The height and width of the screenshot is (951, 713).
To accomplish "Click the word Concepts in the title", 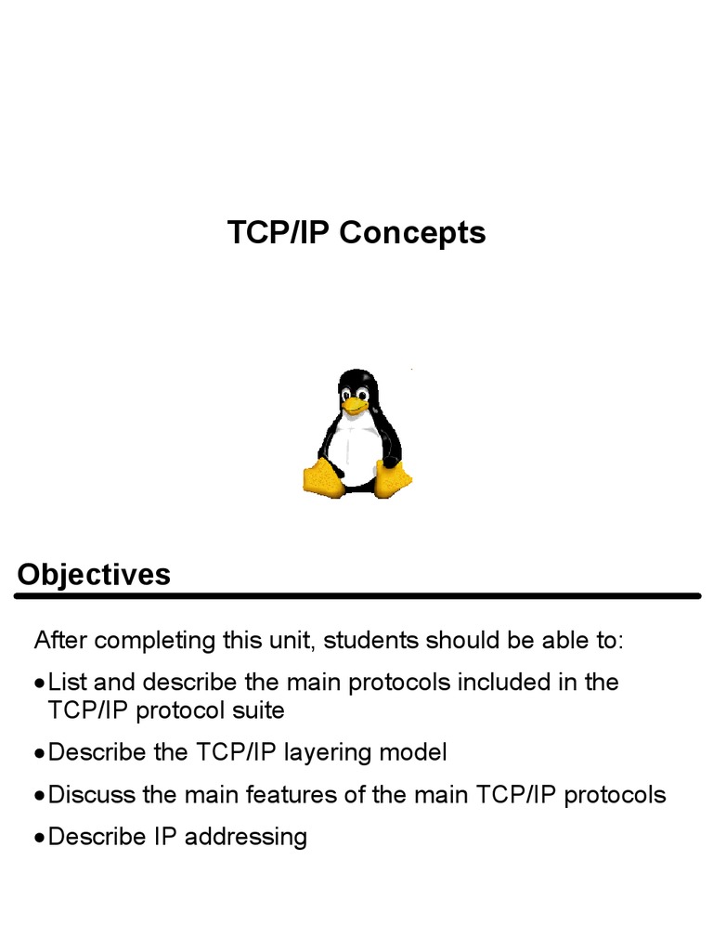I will click(412, 232).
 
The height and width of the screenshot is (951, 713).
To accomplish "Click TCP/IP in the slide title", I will click(279, 232).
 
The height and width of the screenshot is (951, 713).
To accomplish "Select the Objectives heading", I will click(94, 574).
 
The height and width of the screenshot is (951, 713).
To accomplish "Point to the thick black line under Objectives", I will click(358, 596).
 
